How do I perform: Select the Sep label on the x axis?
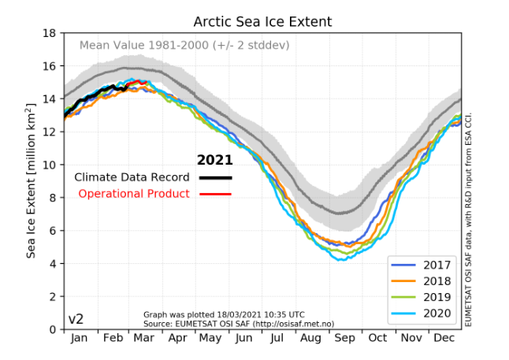(344, 338)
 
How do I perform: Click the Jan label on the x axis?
(80, 338)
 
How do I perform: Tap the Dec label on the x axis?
(444, 338)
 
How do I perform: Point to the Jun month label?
(244, 338)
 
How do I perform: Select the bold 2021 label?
(214, 160)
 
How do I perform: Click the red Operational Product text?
(134, 194)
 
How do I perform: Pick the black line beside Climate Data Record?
(215, 177)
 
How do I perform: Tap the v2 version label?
(76, 319)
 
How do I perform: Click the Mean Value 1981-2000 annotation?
(184, 45)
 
